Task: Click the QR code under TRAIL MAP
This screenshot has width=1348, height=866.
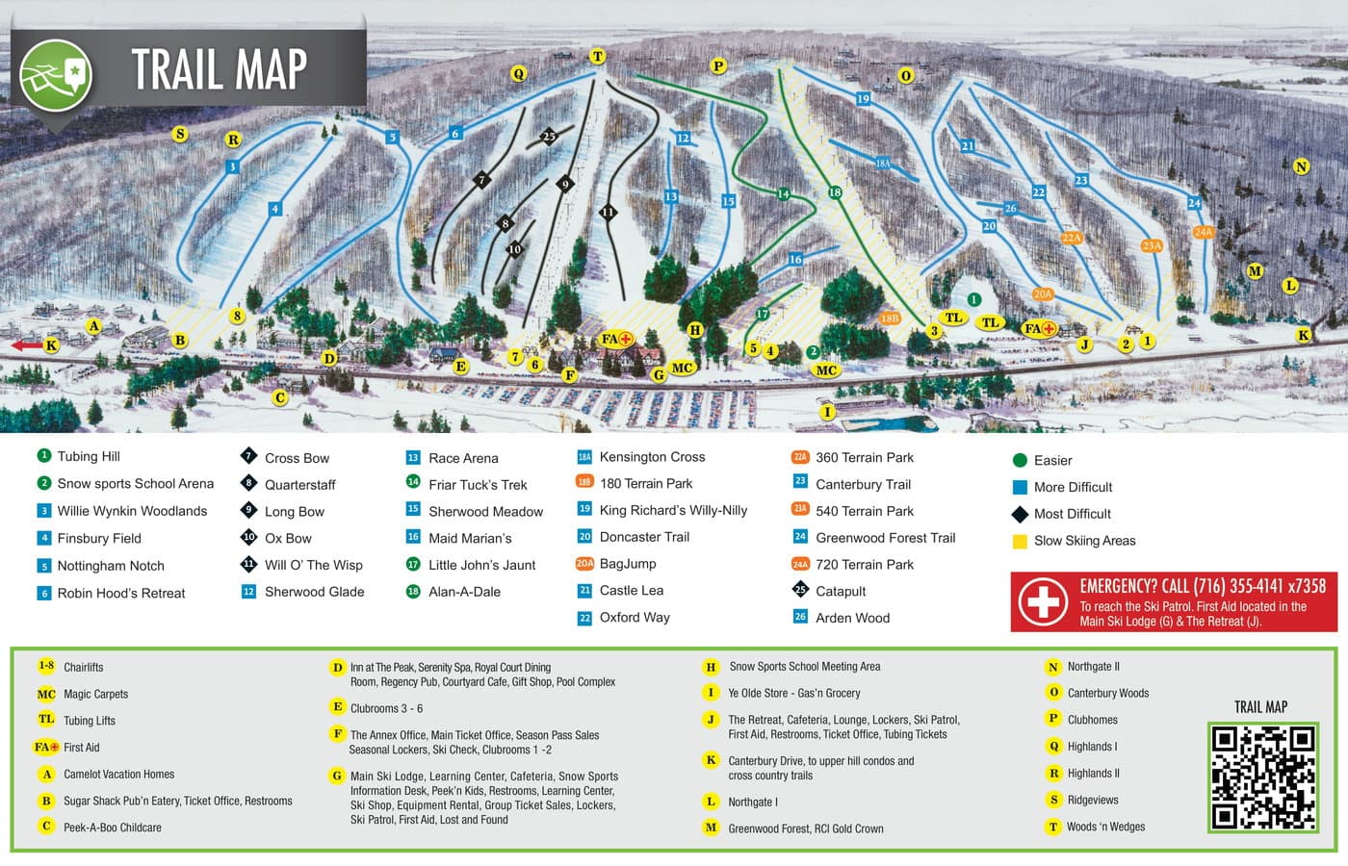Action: (1262, 777)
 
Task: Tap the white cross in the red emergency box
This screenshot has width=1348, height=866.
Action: (1043, 601)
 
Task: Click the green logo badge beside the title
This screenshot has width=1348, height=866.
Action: (56, 74)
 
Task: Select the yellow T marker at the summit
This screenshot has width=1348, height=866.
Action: (598, 57)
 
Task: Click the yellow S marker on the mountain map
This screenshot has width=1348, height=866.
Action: (180, 134)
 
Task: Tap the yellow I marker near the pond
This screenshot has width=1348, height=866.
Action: (826, 412)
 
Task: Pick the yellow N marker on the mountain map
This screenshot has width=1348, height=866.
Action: (1302, 166)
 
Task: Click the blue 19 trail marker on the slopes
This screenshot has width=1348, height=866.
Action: (863, 98)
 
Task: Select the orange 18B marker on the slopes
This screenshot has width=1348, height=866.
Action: (890, 318)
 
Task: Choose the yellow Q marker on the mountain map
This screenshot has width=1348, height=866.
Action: (519, 74)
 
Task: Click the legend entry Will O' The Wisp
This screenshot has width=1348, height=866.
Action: (313, 565)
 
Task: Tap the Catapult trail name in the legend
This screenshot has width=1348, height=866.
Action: (841, 591)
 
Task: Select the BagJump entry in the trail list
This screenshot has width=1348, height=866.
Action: (627, 564)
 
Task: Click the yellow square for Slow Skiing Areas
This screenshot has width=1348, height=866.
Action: (1020, 541)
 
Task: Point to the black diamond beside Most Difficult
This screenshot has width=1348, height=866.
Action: (1020, 514)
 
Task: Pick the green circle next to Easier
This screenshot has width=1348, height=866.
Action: (1020, 461)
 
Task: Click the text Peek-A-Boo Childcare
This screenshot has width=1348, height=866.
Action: (112, 828)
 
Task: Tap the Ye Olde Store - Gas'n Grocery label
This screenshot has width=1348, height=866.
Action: (793, 693)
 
